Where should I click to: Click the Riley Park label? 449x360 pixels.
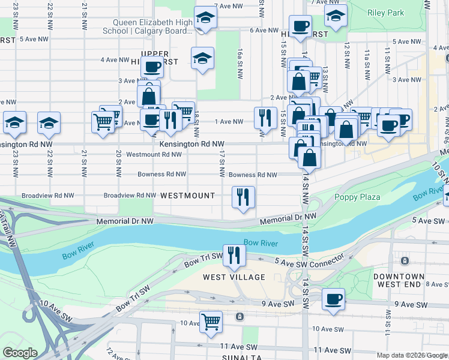click(x=387, y=12)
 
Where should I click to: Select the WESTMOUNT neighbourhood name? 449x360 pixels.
click(x=188, y=196)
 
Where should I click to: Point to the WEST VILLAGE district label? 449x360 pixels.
click(x=234, y=277)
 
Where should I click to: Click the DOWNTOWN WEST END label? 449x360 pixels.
click(x=416, y=280)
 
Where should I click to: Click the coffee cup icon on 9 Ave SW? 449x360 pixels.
click(x=333, y=298)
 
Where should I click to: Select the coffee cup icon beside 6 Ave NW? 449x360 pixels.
click(x=300, y=26)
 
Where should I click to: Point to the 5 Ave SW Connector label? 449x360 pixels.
click(x=309, y=260)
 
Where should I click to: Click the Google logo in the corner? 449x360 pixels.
click(x=20, y=353)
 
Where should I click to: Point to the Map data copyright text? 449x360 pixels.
click(x=411, y=355)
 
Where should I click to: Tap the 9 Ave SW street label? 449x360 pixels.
click(x=278, y=304)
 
